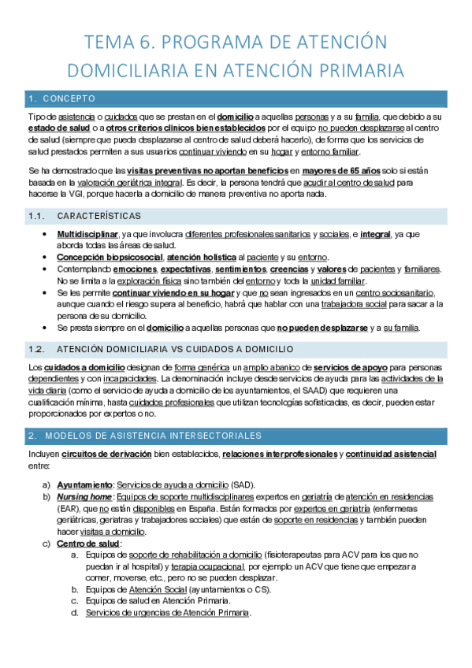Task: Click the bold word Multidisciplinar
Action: (87, 235)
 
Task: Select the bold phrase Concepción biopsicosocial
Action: (110, 258)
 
